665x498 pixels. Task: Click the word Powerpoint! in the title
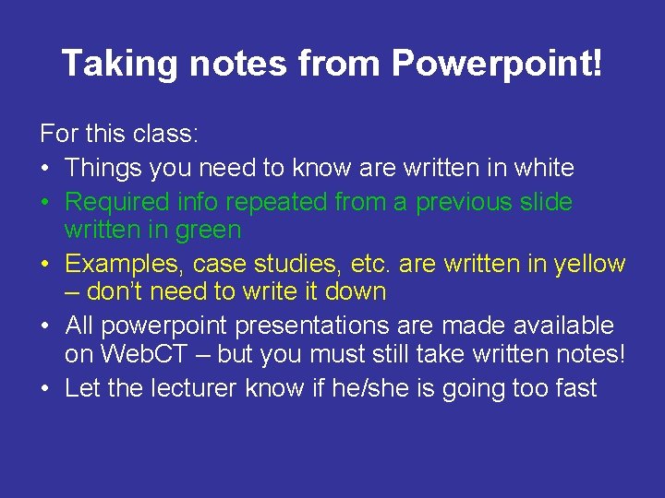[497, 64]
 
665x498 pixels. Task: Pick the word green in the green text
[204, 230]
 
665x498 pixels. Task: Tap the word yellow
[589, 264]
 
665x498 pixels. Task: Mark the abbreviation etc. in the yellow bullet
[369, 264]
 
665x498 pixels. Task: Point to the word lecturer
[194, 388]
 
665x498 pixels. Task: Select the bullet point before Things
[46, 169]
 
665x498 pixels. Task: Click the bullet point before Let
[46, 389]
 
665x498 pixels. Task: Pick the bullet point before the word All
[46, 326]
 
